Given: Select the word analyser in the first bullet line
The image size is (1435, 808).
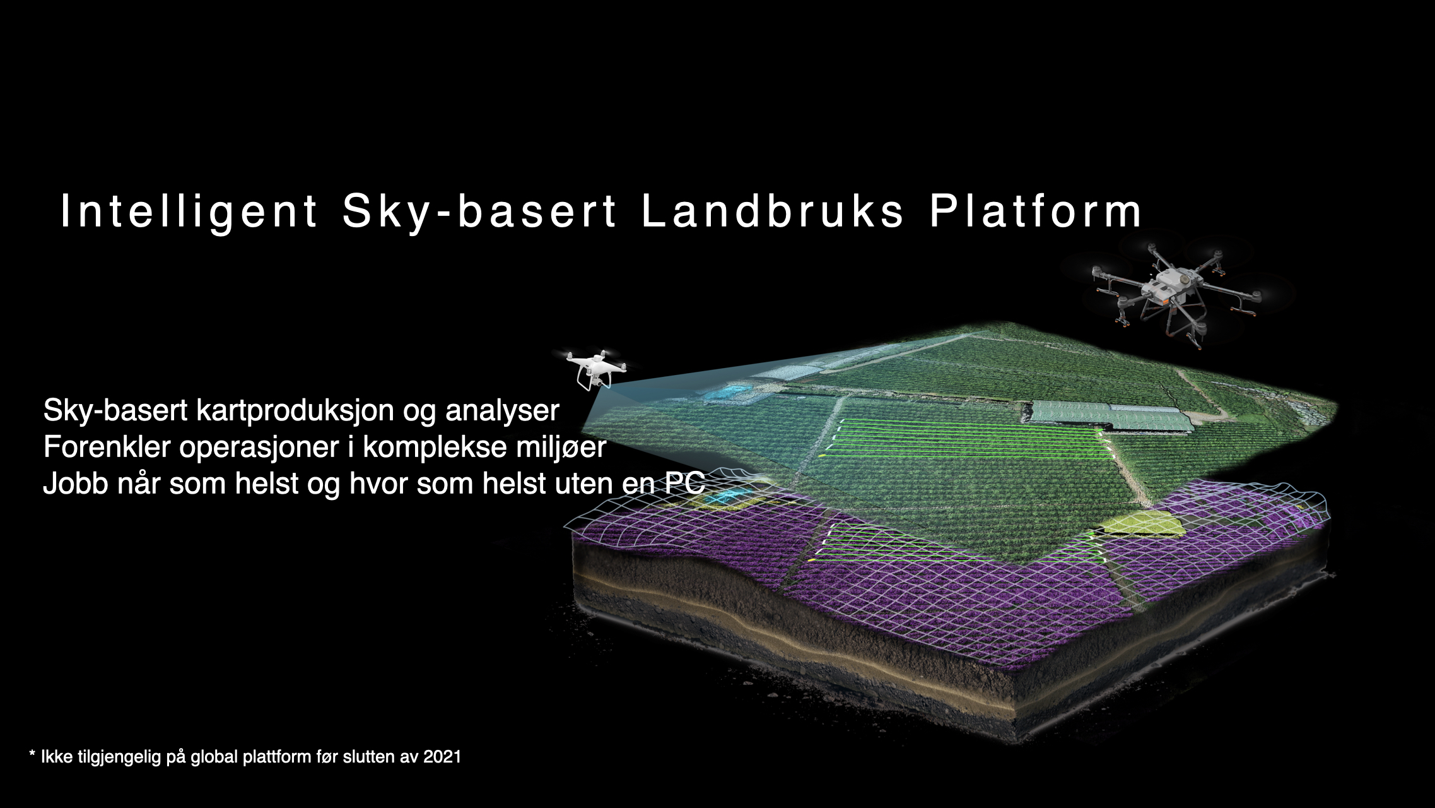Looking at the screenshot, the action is tap(502, 411).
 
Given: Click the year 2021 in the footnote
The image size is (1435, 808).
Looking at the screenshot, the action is tap(442, 756).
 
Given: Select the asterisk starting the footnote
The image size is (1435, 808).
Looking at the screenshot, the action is tap(32, 754).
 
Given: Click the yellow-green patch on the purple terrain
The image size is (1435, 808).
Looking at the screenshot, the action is tap(1142, 523).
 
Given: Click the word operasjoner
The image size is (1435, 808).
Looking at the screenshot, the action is tap(259, 448).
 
